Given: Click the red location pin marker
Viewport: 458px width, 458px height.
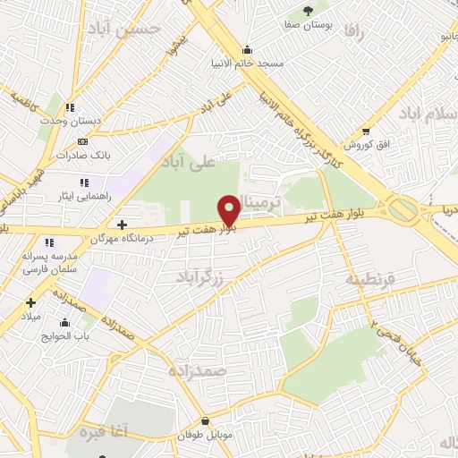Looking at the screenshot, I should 229,209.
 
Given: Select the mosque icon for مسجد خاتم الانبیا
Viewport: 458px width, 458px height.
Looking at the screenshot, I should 247,49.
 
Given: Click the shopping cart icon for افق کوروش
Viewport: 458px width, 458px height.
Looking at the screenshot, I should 365,131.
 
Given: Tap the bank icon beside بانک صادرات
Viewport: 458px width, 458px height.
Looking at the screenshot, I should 83,141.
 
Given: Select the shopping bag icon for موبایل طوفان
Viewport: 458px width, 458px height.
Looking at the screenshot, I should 206,421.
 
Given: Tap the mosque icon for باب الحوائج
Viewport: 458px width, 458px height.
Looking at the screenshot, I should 64,323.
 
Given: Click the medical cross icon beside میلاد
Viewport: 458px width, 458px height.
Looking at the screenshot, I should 31,303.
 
